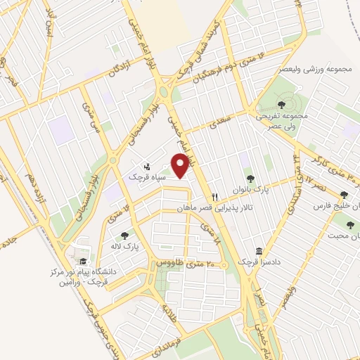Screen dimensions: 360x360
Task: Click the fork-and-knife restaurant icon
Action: (216, 196)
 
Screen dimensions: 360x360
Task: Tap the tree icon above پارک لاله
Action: (125, 236)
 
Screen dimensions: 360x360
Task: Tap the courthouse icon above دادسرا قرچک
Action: (259, 251)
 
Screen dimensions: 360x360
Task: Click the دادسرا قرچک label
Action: (252, 262)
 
